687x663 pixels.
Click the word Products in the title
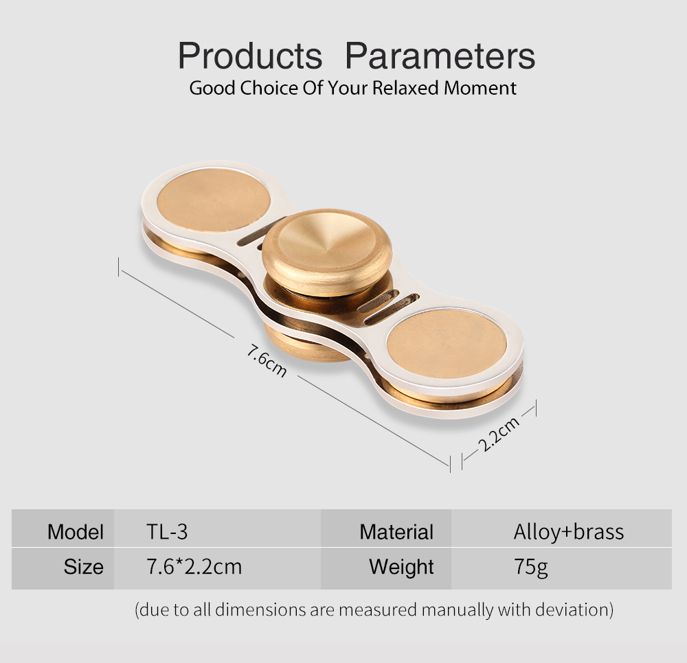click(x=250, y=56)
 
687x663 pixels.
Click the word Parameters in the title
click(x=440, y=56)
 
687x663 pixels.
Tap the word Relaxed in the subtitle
click(x=405, y=88)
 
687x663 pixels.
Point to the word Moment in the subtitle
click(x=480, y=88)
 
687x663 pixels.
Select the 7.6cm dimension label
click(x=267, y=361)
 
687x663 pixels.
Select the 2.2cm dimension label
click(x=499, y=433)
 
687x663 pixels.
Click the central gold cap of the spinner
click(x=327, y=251)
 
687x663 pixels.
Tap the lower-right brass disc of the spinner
click(x=447, y=344)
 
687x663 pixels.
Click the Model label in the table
click(x=76, y=532)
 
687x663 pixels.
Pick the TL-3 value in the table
click(x=167, y=532)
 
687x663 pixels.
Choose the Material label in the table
click(x=396, y=532)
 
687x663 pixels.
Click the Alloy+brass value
click(x=569, y=532)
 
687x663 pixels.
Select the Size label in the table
click(x=84, y=567)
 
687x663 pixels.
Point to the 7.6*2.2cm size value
click(x=194, y=567)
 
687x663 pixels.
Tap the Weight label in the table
click(x=401, y=567)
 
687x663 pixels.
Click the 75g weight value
click(x=531, y=568)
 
